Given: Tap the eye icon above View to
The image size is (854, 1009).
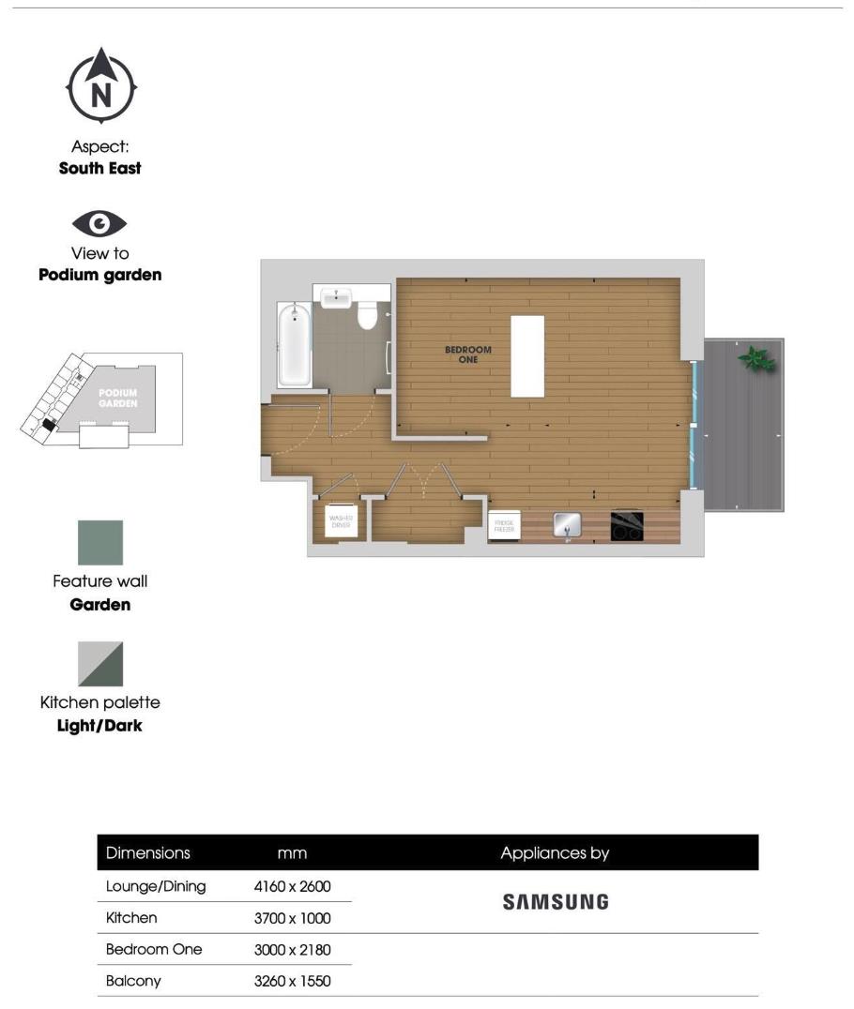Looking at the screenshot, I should (x=99, y=224).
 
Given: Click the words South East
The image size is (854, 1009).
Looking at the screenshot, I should (x=99, y=169).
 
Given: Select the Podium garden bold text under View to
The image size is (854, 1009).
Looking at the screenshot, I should (x=99, y=275).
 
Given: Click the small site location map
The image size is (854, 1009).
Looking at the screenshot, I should (x=101, y=400).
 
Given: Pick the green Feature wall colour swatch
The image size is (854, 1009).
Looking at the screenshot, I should (x=99, y=543).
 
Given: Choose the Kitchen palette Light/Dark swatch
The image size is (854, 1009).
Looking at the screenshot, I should (x=99, y=664).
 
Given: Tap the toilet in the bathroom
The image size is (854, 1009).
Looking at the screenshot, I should (x=367, y=314).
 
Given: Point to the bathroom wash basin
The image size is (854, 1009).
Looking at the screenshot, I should (x=336, y=298).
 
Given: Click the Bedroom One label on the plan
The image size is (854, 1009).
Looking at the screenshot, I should (x=467, y=354).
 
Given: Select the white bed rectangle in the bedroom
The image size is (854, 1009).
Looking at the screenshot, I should (x=526, y=356).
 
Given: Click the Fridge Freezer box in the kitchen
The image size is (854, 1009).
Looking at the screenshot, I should (x=502, y=527).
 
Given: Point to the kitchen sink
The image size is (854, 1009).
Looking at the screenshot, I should (x=567, y=525).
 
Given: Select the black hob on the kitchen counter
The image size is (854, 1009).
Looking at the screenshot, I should (x=627, y=525).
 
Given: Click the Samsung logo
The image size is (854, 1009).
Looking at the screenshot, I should (x=556, y=902).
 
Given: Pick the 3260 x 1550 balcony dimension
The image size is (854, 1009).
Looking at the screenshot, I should (x=292, y=981).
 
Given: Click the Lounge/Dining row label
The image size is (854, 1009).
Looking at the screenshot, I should (x=156, y=886).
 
